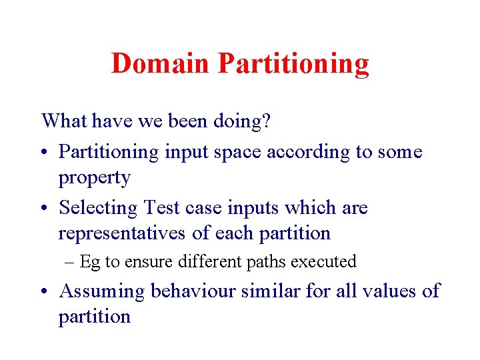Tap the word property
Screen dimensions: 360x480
tap(94, 179)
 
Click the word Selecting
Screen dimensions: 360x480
tap(98, 208)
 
